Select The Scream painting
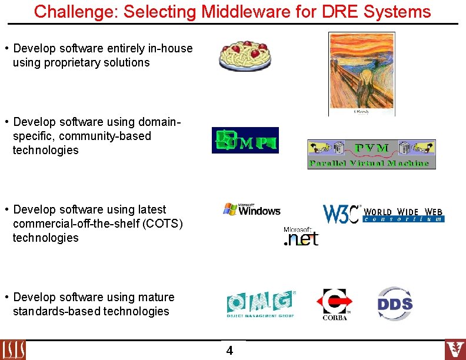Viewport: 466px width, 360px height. tap(361, 73)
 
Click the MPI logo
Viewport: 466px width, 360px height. tap(245, 140)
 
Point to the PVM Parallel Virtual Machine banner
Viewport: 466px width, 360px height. tap(371, 154)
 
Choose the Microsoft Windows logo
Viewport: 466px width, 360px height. tap(251, 209)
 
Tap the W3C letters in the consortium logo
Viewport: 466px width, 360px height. tap(341, 214)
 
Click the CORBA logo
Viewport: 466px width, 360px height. tap(334, 304)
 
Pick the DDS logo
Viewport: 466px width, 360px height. tap(395, 304)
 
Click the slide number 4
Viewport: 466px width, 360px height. tap(229, 351)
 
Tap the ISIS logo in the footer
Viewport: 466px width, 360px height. tap(13, 350)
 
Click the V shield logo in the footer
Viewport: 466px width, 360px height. tap(455, 349)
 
